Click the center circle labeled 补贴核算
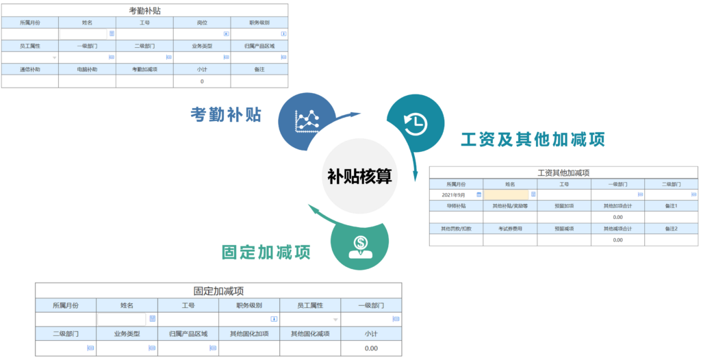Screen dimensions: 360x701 click(x=359, y=177)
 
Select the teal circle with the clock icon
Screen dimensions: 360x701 click(x=414, y=124)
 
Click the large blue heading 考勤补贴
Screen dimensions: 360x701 click(x=226, y=115)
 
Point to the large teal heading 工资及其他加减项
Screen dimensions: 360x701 click(x=533, y=140)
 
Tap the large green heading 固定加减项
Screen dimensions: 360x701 click(x=266, y=253)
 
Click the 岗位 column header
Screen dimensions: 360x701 click(x=202, y=23)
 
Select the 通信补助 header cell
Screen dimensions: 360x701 click(x=29, y=69)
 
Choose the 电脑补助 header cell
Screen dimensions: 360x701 click(x=87, y=69)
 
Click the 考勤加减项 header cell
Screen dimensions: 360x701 click(x=144, y=69)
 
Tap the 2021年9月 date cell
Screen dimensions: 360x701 click(x=456, y=195)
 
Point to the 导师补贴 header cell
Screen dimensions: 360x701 click(x=456, y=206)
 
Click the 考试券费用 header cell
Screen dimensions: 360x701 click(x=510, y=229)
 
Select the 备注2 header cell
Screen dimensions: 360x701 click(x=671, y=229)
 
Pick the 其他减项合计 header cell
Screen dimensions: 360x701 click(x=617, y=229)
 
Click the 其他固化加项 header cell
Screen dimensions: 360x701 click(x=249, y=334)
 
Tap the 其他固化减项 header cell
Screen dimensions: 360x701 click(x=310, y=334)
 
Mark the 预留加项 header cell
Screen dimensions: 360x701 click(x=563, y=206)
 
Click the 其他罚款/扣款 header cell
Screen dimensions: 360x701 click(x=456, y=229)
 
